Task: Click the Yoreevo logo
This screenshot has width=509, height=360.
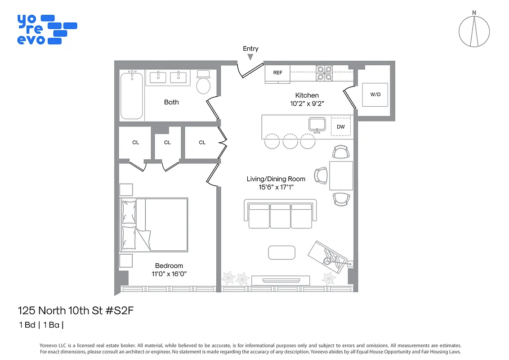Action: click(46, 29)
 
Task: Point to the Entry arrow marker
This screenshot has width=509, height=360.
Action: click(250, 57)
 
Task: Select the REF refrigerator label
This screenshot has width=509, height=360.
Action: click(277, 72)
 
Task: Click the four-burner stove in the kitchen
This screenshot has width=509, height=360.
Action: click(325, 73)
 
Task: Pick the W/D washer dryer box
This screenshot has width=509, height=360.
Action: click(375, 94)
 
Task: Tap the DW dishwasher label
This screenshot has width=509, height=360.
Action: click(341, 127)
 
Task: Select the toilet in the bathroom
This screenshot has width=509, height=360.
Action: click(204, 82)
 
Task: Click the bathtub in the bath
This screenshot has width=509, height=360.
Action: click(132, 95)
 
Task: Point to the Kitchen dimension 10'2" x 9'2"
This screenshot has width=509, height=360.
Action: click(307, 103)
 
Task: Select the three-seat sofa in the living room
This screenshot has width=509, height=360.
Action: click(280, 216)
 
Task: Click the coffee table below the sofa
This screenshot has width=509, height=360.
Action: click(282, 252)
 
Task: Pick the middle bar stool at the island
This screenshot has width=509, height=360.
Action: click(290, 141)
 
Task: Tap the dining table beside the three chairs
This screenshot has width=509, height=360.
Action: click(341, 175)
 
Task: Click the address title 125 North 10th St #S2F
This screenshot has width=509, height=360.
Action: click(76, 310)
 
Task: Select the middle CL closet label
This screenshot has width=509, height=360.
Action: click(167, 143)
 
